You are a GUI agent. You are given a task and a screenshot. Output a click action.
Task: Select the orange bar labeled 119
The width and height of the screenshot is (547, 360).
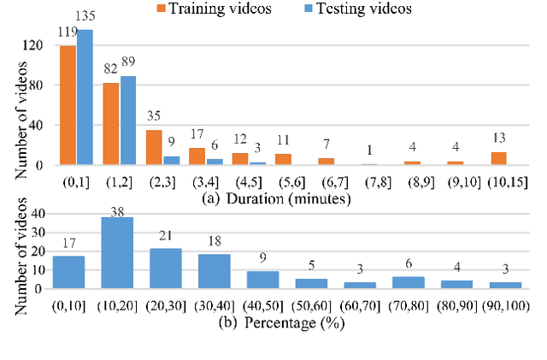tap(68, 105)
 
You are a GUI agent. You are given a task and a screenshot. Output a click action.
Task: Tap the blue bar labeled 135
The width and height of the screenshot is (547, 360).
tap(85, 97)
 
